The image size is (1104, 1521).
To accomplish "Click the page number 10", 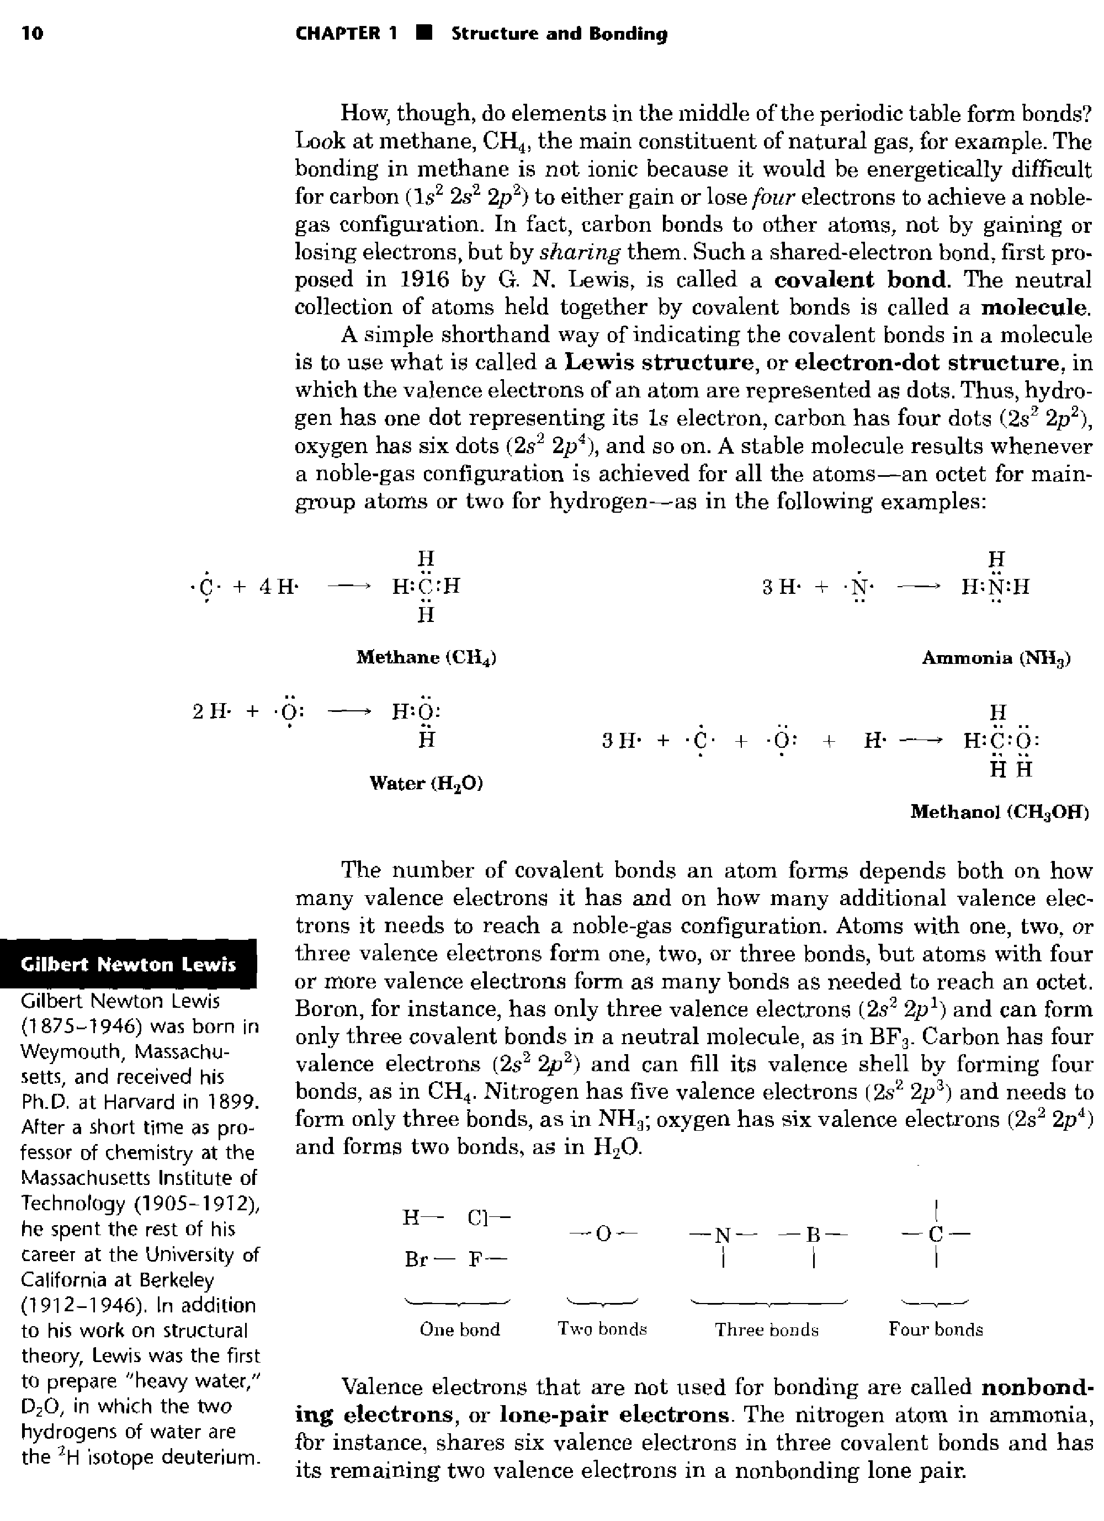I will [x=32, y=34].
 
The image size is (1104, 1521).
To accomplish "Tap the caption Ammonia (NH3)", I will [x=996, y=658].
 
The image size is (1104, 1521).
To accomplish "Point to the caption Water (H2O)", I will [x=427, y=783].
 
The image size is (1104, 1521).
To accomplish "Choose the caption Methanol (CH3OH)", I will [x=999, y=812].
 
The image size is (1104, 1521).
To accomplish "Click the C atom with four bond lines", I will [x=935, y=1233].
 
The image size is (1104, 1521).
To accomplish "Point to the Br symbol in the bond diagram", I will [x=417, y=1260].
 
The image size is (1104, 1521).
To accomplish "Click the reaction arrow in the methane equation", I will [x=349, y=587].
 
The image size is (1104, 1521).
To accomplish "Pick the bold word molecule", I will [x=1035, y=307].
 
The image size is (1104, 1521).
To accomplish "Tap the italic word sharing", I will [x=581, y=252].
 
